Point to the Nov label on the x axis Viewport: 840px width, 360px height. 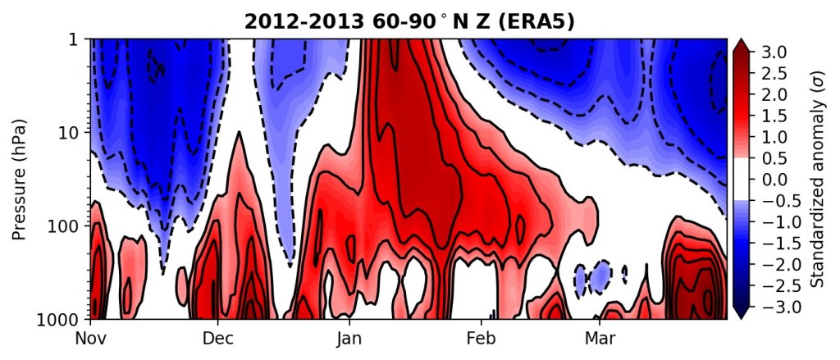90,339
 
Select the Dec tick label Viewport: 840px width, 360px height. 217,339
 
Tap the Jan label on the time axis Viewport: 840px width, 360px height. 349,339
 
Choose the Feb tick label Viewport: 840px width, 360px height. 481,339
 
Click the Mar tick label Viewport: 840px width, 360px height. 600,339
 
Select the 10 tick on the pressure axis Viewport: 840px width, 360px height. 73,132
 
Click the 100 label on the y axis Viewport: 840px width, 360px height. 69,226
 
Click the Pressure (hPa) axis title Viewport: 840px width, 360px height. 20,180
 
